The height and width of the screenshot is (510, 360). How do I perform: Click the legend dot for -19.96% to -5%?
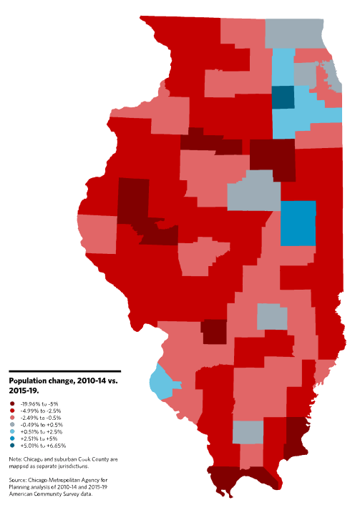(13, 404)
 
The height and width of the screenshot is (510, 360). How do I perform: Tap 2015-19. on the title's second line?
(22, 391)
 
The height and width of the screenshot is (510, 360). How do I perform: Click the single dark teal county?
(283, 97)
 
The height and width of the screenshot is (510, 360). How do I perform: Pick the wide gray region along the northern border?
(293, 31)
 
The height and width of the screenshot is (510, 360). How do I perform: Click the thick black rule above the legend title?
(64, 371)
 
